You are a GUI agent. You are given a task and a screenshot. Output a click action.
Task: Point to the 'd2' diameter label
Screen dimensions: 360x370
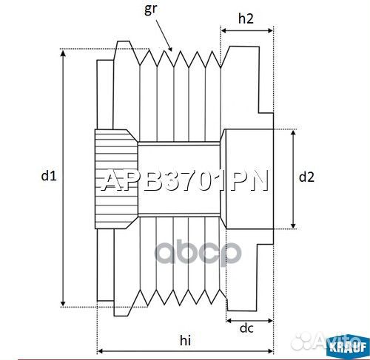coord(306,177)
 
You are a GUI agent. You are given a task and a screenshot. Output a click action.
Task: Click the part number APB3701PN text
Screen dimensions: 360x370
coord(184,181)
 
